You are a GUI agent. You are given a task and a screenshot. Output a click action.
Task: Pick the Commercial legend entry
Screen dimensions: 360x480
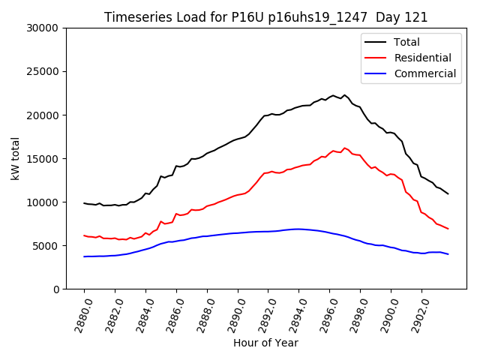click(424, 73)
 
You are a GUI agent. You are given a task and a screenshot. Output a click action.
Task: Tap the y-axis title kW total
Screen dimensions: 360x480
click(15, 158)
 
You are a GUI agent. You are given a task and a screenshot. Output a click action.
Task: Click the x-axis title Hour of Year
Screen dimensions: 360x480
click(265, 343)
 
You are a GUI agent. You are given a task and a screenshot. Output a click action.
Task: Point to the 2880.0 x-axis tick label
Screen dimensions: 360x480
click(79, 313)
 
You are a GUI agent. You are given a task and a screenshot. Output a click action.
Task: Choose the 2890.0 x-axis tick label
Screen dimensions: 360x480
click(232, 313)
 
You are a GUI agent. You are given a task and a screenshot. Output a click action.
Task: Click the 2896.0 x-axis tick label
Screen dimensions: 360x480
click(325, 313)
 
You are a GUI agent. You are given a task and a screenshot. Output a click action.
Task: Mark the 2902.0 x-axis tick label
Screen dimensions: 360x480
click(416, 313)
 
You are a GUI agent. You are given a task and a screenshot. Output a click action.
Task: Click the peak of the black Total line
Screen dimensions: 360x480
click(345, 95)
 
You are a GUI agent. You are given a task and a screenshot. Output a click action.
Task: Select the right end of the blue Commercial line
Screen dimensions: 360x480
click(448, 254)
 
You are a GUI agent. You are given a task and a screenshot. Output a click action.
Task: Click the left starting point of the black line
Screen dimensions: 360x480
click(84, 202)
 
